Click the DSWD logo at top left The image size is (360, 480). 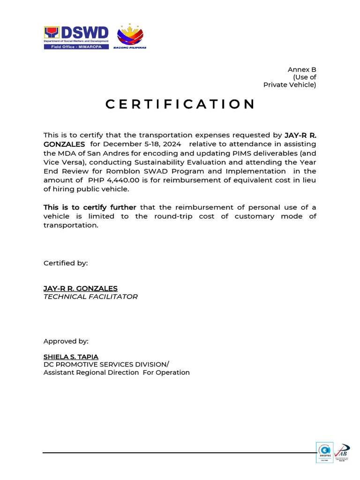(x=76, y=34)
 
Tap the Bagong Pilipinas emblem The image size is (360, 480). (x=130, y=36)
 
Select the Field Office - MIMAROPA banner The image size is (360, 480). (x=76, y=47)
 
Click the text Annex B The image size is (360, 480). (x=302, y=69)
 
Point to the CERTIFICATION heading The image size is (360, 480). (x=180, y=104)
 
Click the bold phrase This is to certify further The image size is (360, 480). (x=90, y=207)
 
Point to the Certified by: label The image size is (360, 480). (x=66, y=263)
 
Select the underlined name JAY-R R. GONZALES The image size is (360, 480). (x=80, y=288)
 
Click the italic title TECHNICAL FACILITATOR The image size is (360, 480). (x=90, y=297)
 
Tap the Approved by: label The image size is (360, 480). (x=66, y=341)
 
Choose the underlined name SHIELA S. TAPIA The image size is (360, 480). (x=71, y=357)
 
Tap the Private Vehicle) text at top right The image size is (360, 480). (x=290, y=85)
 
